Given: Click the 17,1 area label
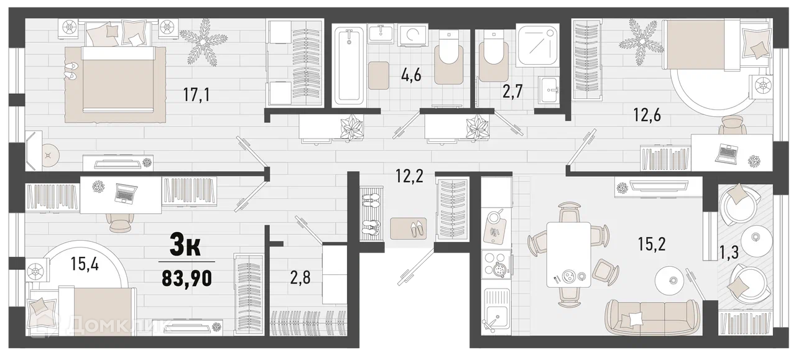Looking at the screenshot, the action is (x=197, y=95).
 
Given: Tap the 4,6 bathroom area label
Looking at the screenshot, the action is (x=411, y=75).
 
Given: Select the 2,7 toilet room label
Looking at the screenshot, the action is (x=512, y=91).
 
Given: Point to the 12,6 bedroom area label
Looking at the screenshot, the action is (x=647, y=115).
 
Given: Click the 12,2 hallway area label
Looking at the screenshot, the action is (x=410, y=176).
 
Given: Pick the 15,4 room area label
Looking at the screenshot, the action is (x=85, y=264).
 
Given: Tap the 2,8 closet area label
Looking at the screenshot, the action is (x=300, y=277).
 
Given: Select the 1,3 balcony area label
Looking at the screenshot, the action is (x=729, y=252).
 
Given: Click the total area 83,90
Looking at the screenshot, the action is (x=187, y=279).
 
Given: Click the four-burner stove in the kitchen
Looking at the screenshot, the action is (x=496, y=264).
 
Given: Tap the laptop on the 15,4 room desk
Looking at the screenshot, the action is (x=125, y=194).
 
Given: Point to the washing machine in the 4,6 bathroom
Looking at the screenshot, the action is (x=413, y=35).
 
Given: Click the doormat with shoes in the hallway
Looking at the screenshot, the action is (x=409, y=229).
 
